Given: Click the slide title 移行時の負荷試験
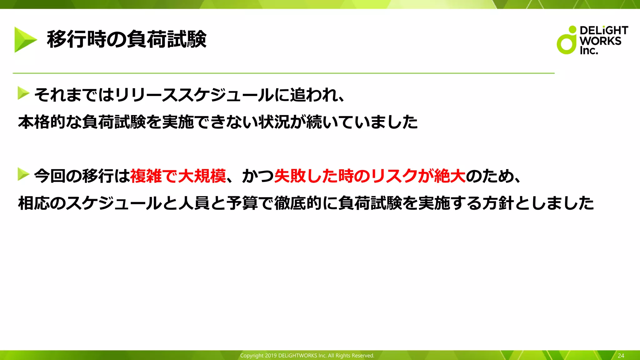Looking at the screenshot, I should point(127,39).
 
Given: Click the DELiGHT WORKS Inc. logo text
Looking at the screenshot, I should point(603,40).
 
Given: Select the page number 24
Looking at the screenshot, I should point(621,356).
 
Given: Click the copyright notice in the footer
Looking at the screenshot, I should point(307,356).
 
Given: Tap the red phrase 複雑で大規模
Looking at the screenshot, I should point(178,176).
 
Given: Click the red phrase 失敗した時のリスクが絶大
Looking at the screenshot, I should point(370,176).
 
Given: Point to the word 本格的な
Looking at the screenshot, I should point(50,122).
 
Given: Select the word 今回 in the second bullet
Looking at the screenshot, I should point(50,176).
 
